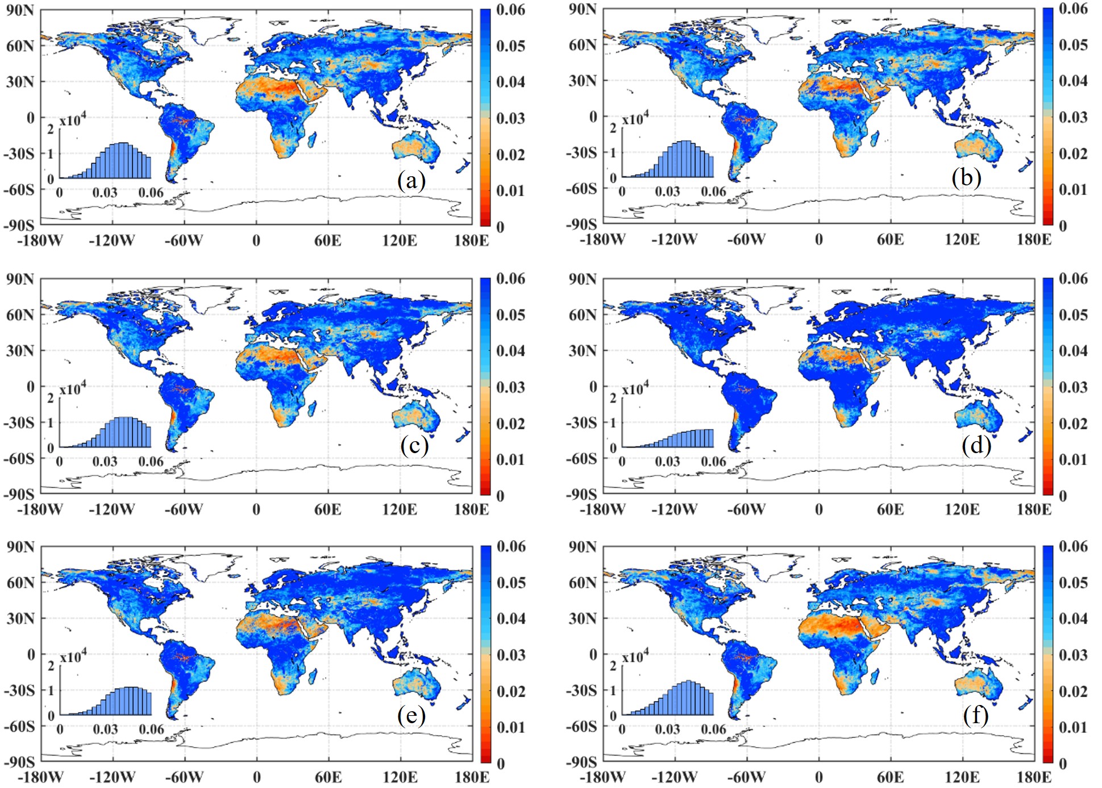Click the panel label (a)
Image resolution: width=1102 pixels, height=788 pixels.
411,181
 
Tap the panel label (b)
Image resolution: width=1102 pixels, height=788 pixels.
966,178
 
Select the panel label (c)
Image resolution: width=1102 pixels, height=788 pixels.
414,445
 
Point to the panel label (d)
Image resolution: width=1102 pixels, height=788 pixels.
976,445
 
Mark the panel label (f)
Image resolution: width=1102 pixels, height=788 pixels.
975,715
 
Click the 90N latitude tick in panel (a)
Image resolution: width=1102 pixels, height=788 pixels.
20,10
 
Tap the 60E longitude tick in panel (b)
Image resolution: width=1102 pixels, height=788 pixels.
890,239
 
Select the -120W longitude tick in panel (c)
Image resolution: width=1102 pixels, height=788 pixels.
111,509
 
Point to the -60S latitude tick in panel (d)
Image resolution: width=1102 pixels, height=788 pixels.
581,458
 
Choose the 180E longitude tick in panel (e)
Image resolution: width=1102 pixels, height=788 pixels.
472,777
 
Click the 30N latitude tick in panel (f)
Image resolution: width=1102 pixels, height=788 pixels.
582,618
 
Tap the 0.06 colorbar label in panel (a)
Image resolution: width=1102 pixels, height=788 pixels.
510,10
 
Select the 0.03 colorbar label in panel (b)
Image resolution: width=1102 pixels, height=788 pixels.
1073,117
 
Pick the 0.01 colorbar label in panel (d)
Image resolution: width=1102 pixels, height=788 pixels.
1073,459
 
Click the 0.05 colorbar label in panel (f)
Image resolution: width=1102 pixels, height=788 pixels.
1073,582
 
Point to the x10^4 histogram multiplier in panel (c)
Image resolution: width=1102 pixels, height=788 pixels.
73,388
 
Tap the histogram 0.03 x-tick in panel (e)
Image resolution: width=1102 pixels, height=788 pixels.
105,729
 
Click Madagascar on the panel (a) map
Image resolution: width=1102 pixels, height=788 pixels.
312,139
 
